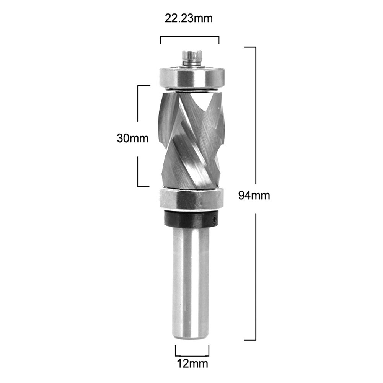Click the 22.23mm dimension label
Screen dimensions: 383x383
[x=189, y=18]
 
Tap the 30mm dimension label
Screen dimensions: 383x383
[x=132, y=138]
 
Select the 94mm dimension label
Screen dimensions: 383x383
[x=254, y=196]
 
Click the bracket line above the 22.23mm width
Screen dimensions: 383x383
[x=189, y=37]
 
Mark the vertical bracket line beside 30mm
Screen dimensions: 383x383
[x=138, y=115]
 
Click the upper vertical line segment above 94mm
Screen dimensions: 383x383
[x=255, y=115]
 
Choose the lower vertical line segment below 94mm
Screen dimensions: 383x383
[x=255, y=275]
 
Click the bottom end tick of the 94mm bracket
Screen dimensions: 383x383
[x=250, y=340]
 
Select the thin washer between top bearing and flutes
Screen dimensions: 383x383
[x=190, y=90]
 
